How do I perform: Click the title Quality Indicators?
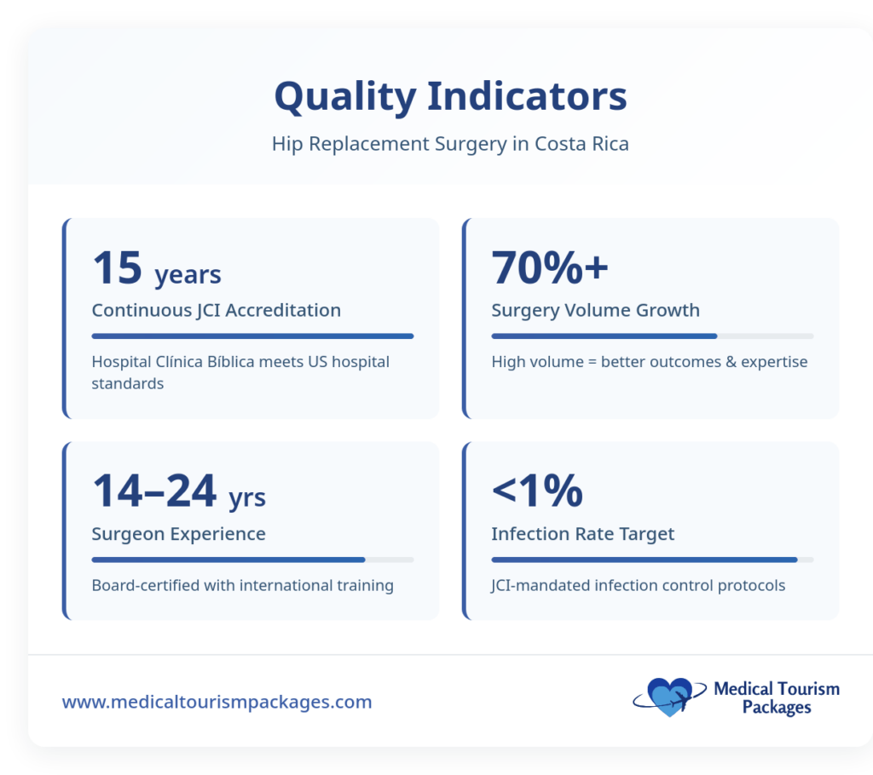(450, 96)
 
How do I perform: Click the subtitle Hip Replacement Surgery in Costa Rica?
(450, 143)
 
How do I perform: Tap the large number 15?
(117, 267)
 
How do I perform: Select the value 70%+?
(550, 267)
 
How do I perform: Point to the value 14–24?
(154, 491)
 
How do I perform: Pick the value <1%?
(537, 491)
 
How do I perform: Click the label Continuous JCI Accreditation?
(216, 310)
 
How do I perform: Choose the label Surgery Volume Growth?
(595, 310)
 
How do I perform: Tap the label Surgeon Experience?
(178, 534)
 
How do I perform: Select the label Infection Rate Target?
(582, 534)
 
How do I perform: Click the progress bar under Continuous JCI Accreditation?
(252, 336)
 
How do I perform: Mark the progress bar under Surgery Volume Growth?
(652, 336)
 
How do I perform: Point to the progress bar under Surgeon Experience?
(252, 560)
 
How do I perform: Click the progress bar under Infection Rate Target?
(652, 560)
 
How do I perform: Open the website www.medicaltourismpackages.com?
(217, 703)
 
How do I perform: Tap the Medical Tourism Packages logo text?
(776, 697)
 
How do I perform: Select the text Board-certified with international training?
(242, 585)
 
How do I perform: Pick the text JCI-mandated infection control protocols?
(638, 585)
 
